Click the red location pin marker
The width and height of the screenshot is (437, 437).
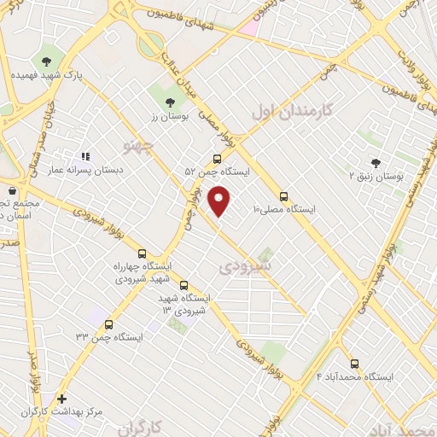coord(220,201)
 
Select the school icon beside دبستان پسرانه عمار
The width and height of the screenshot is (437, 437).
coord(84,156)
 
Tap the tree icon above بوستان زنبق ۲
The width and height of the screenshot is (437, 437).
coord(376,162)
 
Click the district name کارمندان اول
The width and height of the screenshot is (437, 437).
coord(290,110)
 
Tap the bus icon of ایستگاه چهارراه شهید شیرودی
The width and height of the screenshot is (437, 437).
coord(142,253)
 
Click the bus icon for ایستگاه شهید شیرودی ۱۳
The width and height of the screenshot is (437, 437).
coord(184,286)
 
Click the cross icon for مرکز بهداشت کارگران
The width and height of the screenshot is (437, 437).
coord(61,398)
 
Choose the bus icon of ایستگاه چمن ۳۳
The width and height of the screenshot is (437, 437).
coord(108,324)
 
